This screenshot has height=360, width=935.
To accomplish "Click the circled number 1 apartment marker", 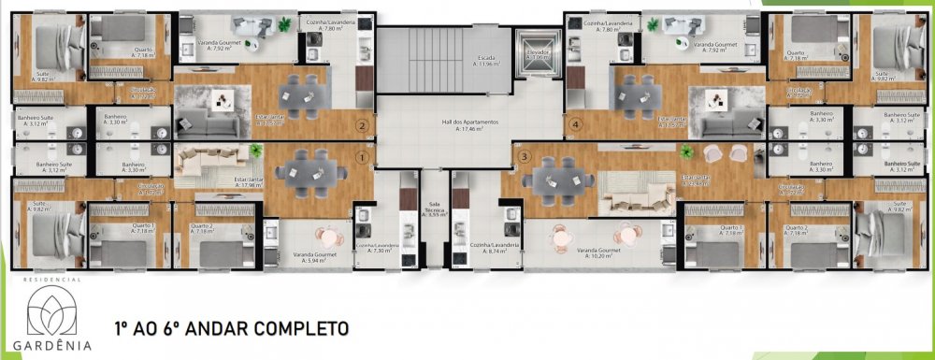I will [362, 158].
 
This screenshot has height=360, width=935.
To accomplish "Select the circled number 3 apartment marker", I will [525, 156].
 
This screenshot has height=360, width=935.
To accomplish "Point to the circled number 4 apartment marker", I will [576, 123].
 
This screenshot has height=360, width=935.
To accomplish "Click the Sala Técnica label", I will [433, 211].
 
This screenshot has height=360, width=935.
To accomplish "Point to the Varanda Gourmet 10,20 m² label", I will [598, 253].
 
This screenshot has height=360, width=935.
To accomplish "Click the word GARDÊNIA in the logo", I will [59, 344].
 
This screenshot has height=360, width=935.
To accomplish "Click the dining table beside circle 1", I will [312, 170].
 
